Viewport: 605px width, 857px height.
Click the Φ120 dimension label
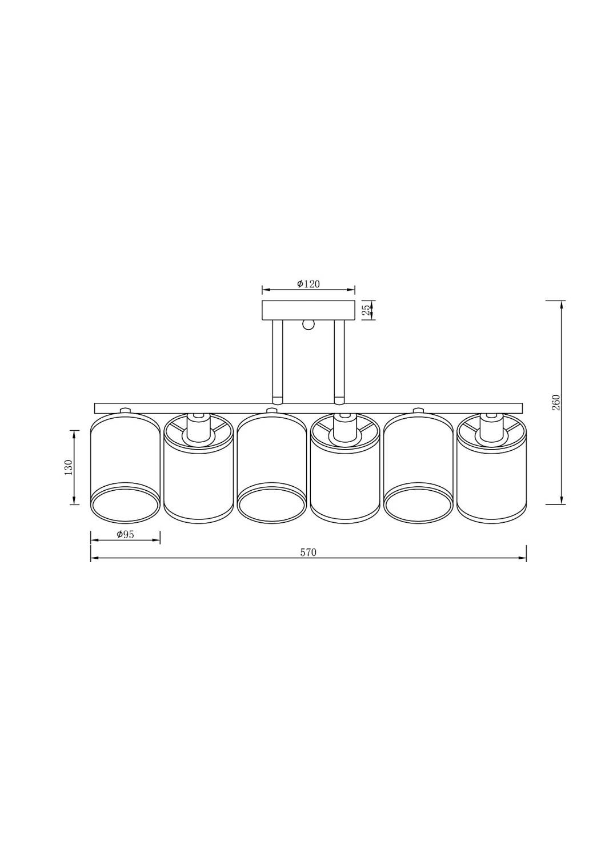click(x=308, y=284)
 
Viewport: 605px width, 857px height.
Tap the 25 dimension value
click(x=367, y=310)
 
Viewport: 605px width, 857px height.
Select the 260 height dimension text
click(x=556, y=402)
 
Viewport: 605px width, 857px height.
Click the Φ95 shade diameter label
click(x=125, y=535)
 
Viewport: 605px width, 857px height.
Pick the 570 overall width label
click(x=308, y=552)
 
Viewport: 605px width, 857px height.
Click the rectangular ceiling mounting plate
click(x=308, y=310)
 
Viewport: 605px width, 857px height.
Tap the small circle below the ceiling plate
click(x=308, y=325)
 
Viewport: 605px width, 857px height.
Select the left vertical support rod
click(x=277, y=360)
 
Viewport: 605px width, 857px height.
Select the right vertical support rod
click(x=339, y=360)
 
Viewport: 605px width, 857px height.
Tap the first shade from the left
click(x=125, y=457)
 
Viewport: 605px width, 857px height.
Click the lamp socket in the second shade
click(x=198, y=428)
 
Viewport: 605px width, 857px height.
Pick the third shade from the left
click(x=271, y=457)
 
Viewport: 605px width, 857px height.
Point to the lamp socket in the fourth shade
click(x=344, y=428)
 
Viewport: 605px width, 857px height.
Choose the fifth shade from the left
click(x=418, y=457)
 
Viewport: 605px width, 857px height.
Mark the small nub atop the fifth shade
click(x=418, y=410)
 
